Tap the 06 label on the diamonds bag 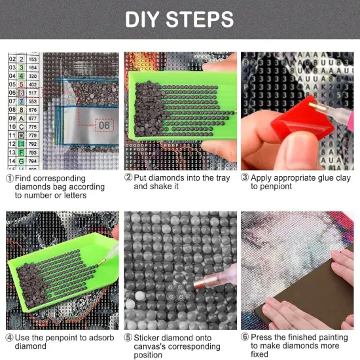[104, 124]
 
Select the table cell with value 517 [33, 93]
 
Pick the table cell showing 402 [33, 84]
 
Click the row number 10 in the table [11, 126]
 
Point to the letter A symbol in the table [22, 118]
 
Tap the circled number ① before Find [10, 179]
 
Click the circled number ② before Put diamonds [128, 178]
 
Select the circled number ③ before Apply [245, 178]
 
